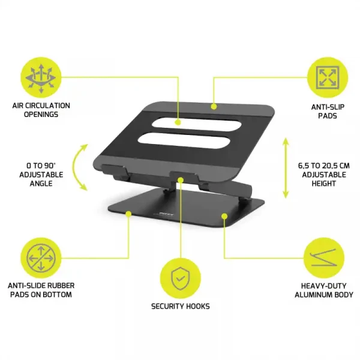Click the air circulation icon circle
coord(41,77)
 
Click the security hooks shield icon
coord(180,277)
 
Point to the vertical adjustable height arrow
coord(286,169)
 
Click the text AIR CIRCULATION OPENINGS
coord(41,109)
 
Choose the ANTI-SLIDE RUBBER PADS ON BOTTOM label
coord(41,290)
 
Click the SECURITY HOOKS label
coord(181,306)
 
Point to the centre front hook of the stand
coord(182,178)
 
